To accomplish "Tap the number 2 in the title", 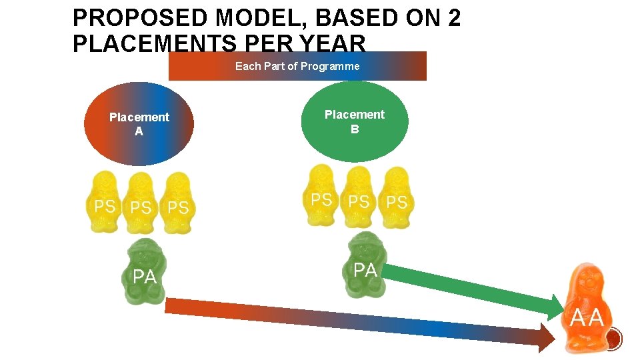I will [x=454, y=18].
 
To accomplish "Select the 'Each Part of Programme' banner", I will [x=297, y=66].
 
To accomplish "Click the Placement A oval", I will [x=139, y=124].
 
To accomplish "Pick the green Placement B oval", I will [x=354, y=121].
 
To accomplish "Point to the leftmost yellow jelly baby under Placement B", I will [x=322, y=195].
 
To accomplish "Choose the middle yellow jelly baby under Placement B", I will [x=359, y=197].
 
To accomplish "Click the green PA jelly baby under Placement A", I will [x=145, y=272].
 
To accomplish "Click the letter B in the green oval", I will [x=354, y=129].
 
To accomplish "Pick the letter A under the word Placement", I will [x=139, y=131].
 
